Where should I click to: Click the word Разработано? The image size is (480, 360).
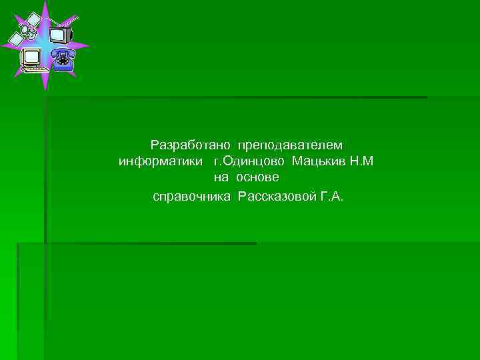[190, 145]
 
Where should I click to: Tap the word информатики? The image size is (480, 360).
[160, 161]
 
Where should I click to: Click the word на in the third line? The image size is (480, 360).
[221, 178]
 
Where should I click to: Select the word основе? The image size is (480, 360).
[257, 178]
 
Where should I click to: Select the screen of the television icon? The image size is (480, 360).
[58, 34]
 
